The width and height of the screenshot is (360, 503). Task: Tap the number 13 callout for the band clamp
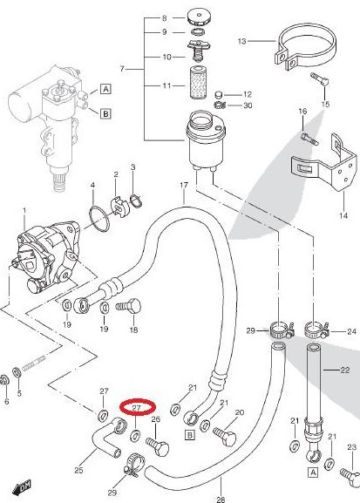tap(242, 41)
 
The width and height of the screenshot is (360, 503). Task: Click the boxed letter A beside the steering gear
tap(105, 88)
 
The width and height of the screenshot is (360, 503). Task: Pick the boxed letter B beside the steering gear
tap(105, 113)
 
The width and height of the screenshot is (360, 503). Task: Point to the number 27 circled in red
tap(137, 408)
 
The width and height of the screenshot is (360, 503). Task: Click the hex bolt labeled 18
tap(128, 307)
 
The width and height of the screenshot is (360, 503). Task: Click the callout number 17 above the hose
tap(184, 185)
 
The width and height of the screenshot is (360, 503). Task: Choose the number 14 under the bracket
tap(343, 215)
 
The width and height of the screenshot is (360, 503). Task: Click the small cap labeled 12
tap(219, 95)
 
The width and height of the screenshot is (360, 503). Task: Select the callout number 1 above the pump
tap(24, 210)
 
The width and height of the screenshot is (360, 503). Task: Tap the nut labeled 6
tap(4, 380)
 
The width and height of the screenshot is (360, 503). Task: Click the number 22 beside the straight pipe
tap(344, 370)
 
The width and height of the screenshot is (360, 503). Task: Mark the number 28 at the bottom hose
tap(221, 500)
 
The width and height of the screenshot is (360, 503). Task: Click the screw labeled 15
tap(319, 79)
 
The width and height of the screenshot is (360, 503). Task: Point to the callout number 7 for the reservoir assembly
tap(122, 69)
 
